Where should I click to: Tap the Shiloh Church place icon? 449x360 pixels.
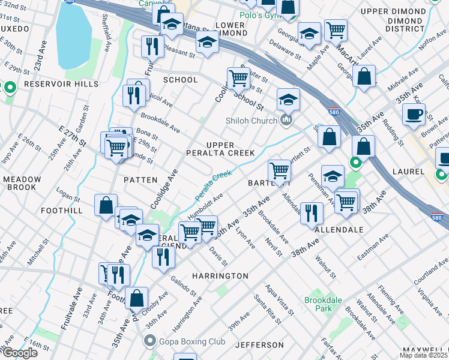pyautogui.click(x=286, y=121)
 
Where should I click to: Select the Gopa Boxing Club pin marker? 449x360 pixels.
pyautogui.click(x=150, y=341)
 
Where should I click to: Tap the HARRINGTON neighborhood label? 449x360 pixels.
pyautogui.click(x=220, y=275)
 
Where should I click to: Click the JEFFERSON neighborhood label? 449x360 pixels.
pyautogui.click(x=259, y=345)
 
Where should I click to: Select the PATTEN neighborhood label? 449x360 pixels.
pyautogui.click(x=140, y=179)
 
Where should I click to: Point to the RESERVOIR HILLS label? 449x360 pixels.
pyautogui.click(x=61, y=85)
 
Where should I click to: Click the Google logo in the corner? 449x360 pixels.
pyautogui.click(x=20, y=353)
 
